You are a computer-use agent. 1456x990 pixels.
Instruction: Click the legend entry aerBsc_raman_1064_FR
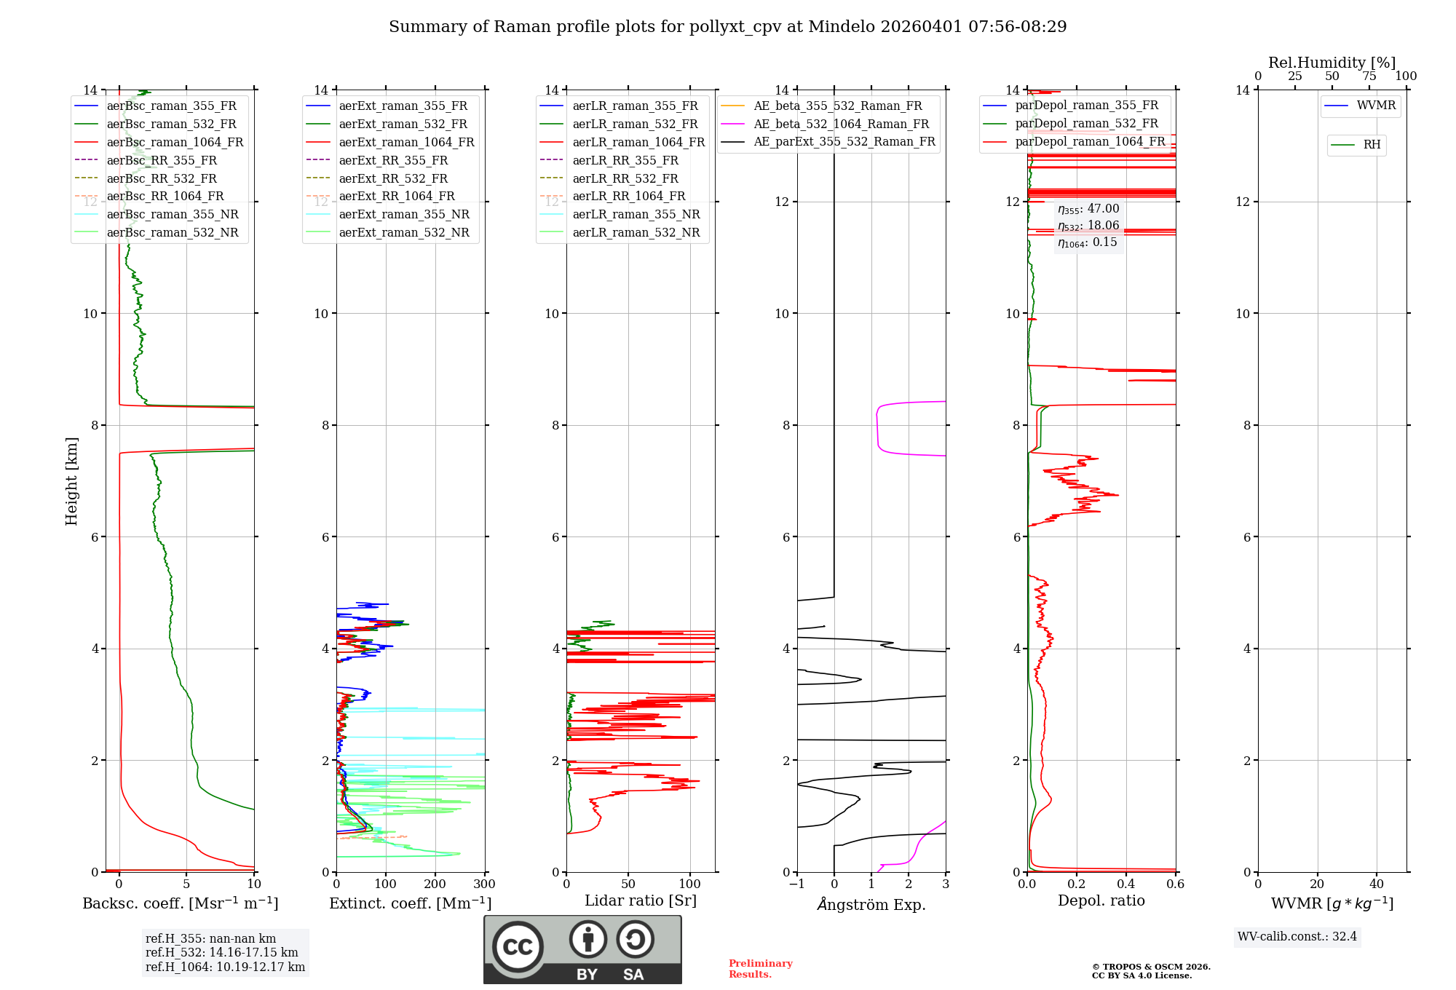(x=175, y=143)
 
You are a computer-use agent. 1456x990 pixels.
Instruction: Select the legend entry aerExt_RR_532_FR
(x=393, y=178)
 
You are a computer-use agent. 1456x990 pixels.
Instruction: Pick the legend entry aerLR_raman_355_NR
(x=636, y=215)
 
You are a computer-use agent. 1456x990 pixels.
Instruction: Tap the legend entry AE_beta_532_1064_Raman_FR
(x=841, y=124)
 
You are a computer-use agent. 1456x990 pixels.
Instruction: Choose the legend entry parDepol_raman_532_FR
(x=1086, y=124)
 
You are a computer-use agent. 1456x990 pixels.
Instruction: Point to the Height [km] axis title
(x=71, y=481)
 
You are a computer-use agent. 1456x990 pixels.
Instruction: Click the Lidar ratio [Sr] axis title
(x=641, y=900)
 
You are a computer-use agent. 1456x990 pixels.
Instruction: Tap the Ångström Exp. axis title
(x=871, y=904)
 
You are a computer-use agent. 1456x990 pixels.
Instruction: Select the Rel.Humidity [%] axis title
(x=1332, y=63)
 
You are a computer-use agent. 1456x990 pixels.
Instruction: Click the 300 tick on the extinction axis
(x=485, y=884)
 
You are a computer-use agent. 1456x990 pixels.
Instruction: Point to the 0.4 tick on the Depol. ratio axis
(x=1126, y=884)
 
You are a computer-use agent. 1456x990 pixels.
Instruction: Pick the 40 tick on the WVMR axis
(x=1377, y=884)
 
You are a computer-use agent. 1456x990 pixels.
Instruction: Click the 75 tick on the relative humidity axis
(x=1369, y=76)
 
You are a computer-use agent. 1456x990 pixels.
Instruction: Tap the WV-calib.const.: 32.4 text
(x=1297, y=936)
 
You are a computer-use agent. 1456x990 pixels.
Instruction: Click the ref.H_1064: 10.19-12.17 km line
(x=225, y=967)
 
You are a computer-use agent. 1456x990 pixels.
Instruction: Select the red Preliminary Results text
(x=760, y=969)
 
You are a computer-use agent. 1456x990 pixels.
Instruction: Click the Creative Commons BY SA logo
(x=582, y=949)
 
